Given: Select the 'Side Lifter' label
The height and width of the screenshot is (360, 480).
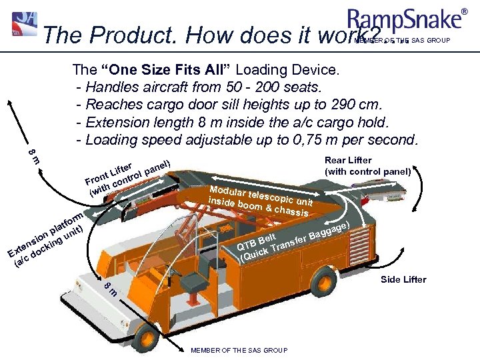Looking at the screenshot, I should (x=403, y=279).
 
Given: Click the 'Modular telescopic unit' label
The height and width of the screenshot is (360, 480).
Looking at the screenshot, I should (x=260, y=198).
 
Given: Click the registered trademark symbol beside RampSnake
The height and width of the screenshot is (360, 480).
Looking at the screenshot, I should (x=465, y=11).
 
